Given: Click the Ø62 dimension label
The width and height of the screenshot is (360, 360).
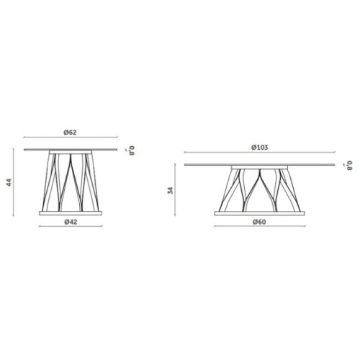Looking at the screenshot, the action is coord(70,132).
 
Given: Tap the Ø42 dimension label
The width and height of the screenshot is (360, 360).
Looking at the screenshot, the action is coord(71,222).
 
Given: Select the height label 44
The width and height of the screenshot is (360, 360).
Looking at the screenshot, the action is coord(9,183).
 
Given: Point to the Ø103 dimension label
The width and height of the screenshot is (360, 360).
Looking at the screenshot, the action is coord(260,148).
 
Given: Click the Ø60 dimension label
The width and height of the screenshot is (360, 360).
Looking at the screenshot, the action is coord(259,222).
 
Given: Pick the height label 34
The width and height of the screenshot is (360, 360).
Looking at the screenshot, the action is coord(170,191).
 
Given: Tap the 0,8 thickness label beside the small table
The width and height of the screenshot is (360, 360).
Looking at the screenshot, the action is coord(132,150).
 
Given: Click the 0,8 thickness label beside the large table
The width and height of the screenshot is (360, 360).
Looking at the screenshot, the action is coord(350,166).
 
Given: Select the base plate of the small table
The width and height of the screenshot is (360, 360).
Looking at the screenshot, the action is coord(71,213).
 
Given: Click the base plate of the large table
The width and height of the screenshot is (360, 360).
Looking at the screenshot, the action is coord(259,213).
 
